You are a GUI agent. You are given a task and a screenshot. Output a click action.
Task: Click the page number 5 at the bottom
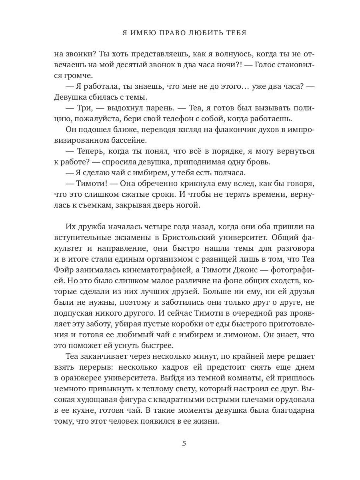[x=184, y=443]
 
